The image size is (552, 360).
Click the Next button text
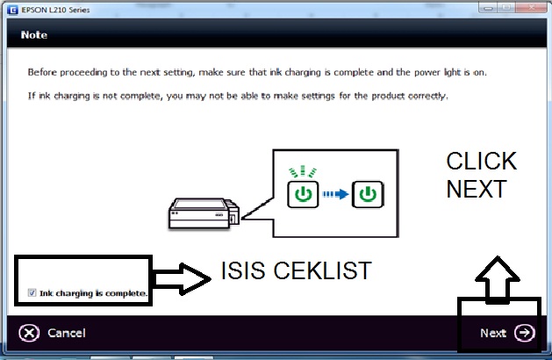tap(493, 333)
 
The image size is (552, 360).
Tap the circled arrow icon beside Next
tap(525, 333)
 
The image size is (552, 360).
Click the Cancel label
tap(67, 333)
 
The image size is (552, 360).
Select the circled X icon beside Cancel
tap(29, 333)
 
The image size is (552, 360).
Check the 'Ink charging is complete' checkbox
tap(32, 292)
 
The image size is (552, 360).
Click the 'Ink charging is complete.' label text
tap(93, 293)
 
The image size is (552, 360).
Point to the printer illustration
tap(204, 213)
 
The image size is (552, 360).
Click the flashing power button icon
tap(303, 194)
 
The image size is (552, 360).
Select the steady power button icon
tap(368, 194)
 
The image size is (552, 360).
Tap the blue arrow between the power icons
tap(335, 194)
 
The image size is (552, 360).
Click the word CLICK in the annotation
tap(481, 161)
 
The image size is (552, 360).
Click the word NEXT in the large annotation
tap(477, 189)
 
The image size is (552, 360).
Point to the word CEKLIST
tap(322, 270)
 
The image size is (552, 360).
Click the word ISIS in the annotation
tap(242, 270)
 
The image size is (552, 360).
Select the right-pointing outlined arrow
tap(183, 279)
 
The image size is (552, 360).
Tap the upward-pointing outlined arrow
tap(497, 280)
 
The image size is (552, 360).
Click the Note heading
tap(34, 35)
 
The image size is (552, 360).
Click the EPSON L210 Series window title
tap(55, 10)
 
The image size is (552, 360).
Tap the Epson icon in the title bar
tap(12, 10)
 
